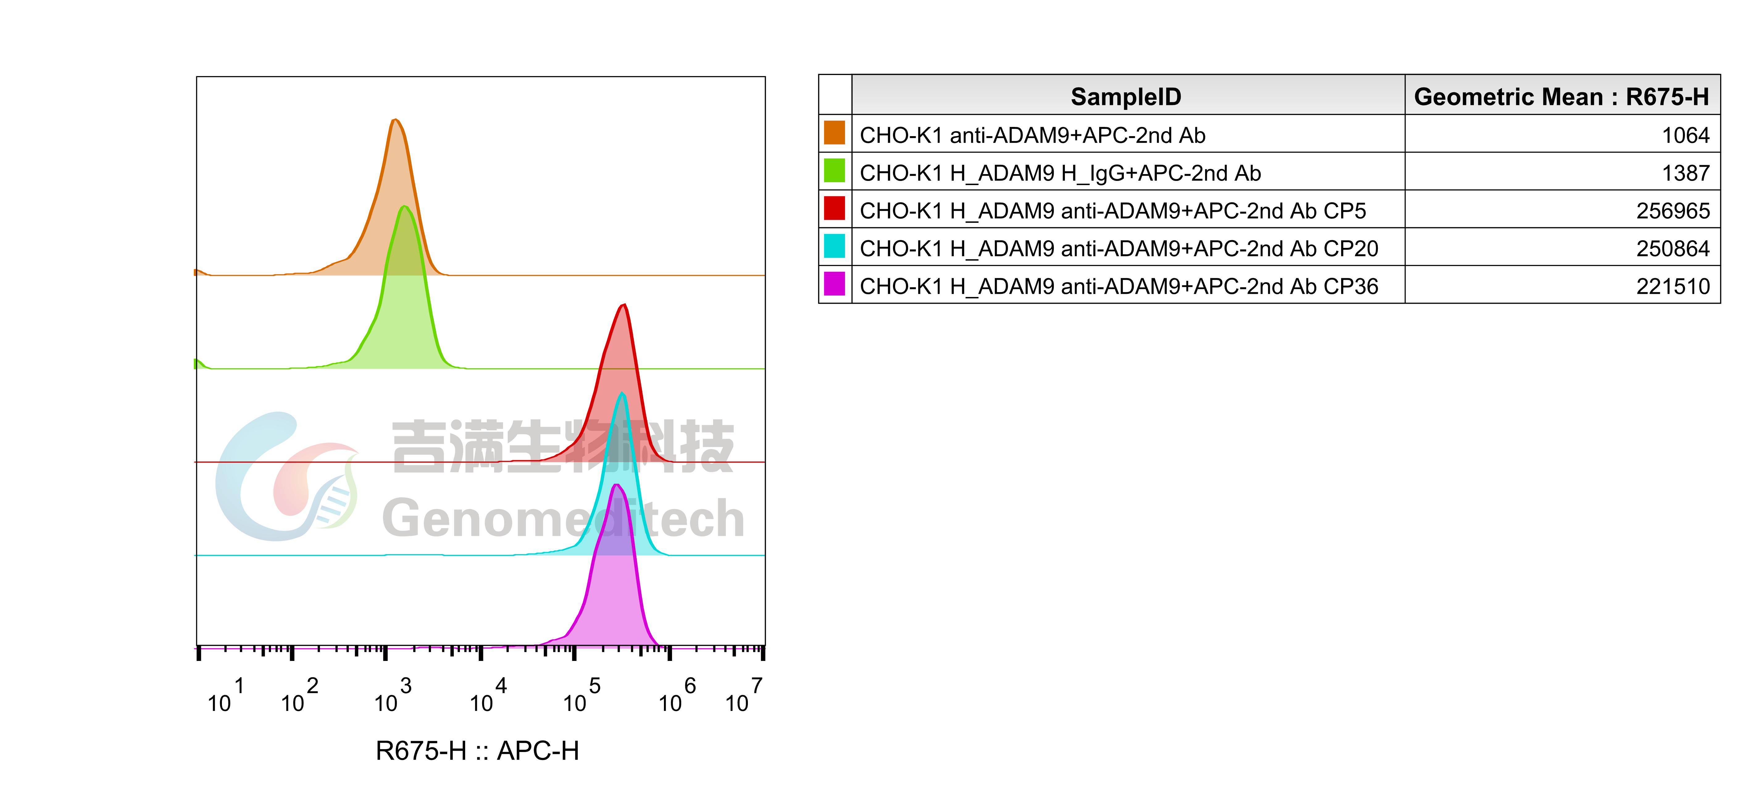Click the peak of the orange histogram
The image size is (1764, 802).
(x=396, y=121)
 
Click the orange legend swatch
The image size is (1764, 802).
(x=834, y=132)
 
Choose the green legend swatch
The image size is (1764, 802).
(x=834, y=170)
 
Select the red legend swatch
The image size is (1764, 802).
(x=834, y=207)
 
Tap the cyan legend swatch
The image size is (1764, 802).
(x=834, y=245)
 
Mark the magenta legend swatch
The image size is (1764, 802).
(x=834, y=283)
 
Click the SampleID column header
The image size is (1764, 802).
(x=1126, y=97)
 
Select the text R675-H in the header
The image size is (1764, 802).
(x=1667, y=97)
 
